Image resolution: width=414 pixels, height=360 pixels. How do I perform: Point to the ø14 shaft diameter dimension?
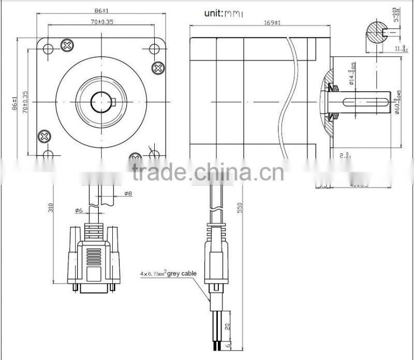point(351,73)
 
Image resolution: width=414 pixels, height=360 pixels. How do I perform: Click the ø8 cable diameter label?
point(128,194)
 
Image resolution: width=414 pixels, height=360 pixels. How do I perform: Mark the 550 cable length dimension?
point(239,207)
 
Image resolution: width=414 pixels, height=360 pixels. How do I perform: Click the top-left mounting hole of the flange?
point(48,49)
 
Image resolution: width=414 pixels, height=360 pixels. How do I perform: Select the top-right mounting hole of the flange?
point(154,49)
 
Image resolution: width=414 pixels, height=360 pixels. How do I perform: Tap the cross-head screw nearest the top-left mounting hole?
point(66,46)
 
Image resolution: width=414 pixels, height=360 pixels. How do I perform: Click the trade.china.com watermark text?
point(207,171)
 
